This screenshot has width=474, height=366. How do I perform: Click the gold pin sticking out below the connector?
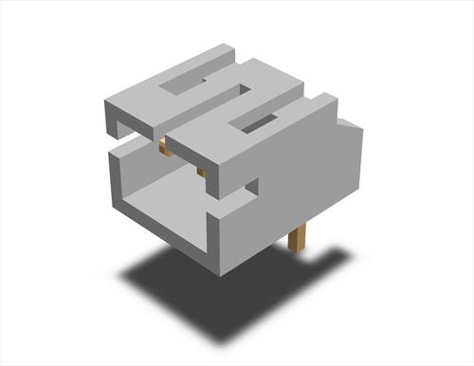[x=297, y=237]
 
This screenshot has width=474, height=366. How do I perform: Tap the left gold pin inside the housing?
[x=163, y=145]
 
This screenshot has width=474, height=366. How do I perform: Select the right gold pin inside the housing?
[x=201, y=172]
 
